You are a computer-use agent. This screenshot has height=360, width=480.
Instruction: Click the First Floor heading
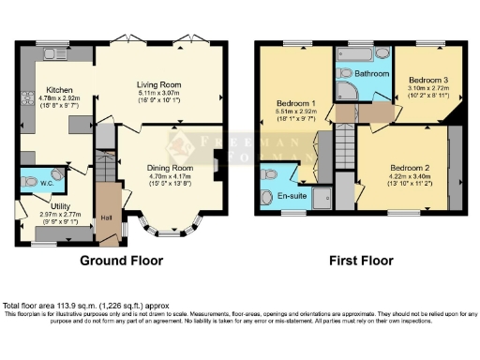pos(359,260)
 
